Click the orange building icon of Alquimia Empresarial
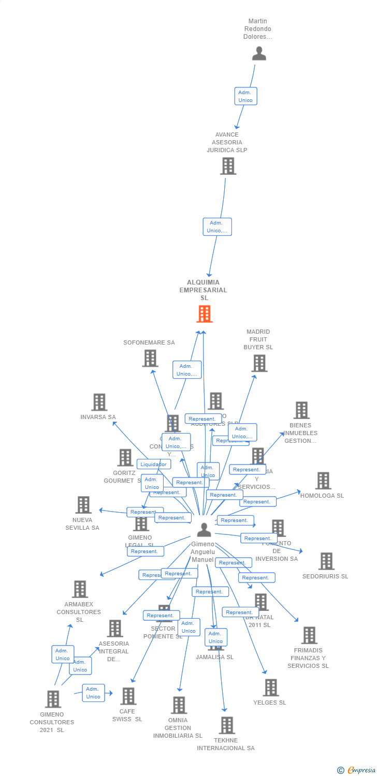tap(205, 314)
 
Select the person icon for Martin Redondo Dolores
tap(259, 53)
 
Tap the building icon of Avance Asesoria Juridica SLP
tap(228, 166)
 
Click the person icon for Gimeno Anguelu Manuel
tap(205, 530)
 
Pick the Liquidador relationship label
tap(154, 464)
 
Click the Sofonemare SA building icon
tap(150, 358)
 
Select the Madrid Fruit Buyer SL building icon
tap(259, 363)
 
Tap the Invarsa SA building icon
tap(99, 402)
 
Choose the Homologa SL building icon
tap(323, 481)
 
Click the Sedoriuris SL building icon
tap(326, 561)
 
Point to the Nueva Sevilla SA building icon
tap(83, 505)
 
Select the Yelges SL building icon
tap(270, 688)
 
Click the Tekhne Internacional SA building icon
tap(226, 725)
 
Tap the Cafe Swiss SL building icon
tap(128, 696)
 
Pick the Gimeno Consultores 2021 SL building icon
tap(53, 699)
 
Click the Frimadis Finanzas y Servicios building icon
tap(309, 635)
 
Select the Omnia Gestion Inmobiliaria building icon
tap(179, 705)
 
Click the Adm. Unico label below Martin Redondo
tap(245, 96)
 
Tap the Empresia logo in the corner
tap(357, 770)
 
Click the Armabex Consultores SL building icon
tap(80, 589)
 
